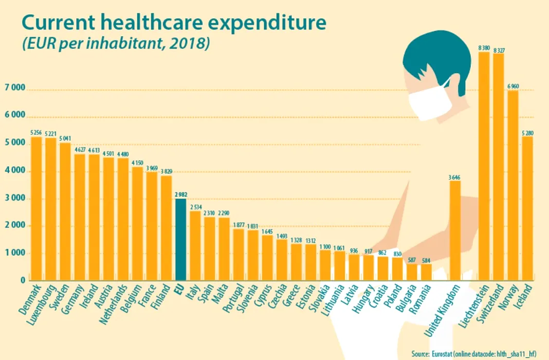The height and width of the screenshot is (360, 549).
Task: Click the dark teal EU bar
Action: (x=180, y=240)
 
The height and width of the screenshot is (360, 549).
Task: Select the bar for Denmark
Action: (x=36, y=208)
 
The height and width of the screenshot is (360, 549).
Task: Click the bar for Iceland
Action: (x=527, y=208)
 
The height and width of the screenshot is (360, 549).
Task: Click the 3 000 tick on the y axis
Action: (x=14, y=199)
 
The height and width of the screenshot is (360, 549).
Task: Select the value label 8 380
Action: (x=484, y=48)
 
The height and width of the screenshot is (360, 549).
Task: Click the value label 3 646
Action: (x=455, y=177)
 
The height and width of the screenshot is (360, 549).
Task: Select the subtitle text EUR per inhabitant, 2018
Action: (x=115, y=43)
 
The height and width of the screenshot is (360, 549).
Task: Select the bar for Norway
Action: (x=513, y=185)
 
